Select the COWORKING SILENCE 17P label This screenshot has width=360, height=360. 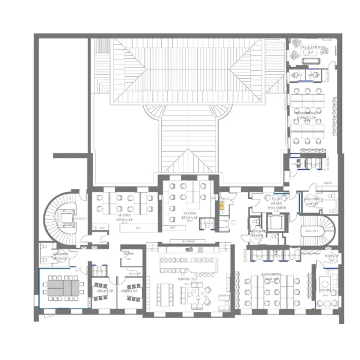tap(306, 115)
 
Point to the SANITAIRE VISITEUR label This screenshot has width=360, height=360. tap(258, 233)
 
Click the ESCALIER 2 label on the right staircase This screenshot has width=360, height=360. tap(312, 230)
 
